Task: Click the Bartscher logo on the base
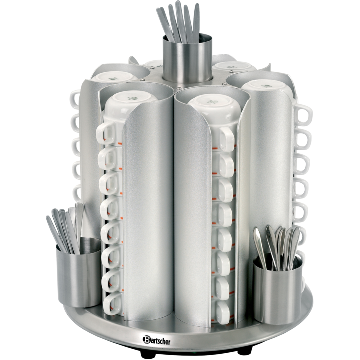point(156,340)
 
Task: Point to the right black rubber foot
point(245,350)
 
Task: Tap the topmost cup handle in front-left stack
point(106,133)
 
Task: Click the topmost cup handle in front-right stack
point(226,138)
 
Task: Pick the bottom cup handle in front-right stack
point(222,313)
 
